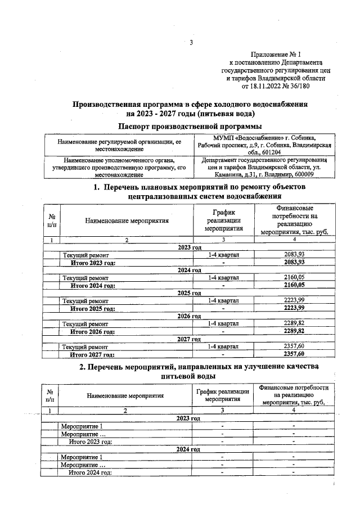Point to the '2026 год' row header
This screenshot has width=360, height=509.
[x=189, y=316]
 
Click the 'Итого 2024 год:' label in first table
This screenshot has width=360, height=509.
[x=93, y=285]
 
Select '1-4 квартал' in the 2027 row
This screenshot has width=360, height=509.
[x=223, y=347]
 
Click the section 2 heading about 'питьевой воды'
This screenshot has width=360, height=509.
[x=190, y=372]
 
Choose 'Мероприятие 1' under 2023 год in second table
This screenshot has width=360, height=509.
[x=82, y=426]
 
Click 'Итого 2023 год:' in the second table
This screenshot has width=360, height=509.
[x=90, y=442]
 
